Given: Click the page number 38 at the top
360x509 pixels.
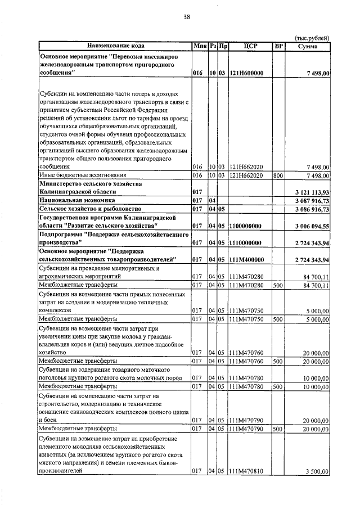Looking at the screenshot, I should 187,17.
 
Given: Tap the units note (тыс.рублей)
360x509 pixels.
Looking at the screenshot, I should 312,38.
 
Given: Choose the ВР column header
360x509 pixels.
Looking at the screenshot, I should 278,46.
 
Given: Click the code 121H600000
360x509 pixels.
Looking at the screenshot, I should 247,73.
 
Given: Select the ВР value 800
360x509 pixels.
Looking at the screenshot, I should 277,175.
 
